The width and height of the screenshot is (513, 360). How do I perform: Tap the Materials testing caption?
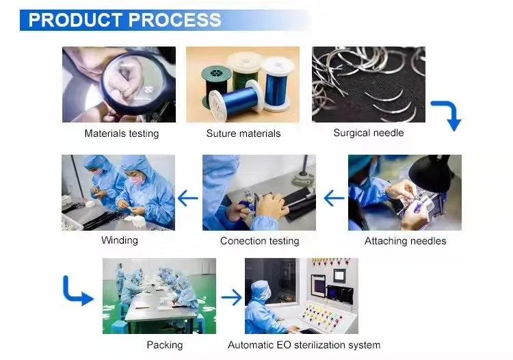point(121,133)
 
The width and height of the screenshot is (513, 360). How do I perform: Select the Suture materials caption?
point(243,133)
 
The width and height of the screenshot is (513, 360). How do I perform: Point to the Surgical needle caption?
point(368,133)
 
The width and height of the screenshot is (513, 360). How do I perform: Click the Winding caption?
point(119,240)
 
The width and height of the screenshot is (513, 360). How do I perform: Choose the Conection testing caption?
point(259,241)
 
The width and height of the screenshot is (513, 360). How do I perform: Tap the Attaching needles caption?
point(405,241)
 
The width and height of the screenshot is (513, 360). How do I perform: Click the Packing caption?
point(164,345)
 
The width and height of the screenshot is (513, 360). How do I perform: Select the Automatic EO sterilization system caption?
point(304,345)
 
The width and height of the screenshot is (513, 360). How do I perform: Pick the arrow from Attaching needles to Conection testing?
point(333,199)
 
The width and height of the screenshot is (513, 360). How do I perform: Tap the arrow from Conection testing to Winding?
point(187,199)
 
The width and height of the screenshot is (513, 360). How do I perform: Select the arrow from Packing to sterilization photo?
point(231,298)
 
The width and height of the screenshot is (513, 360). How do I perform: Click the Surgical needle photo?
point(368,84)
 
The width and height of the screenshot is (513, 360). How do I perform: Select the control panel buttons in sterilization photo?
point(322,316)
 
